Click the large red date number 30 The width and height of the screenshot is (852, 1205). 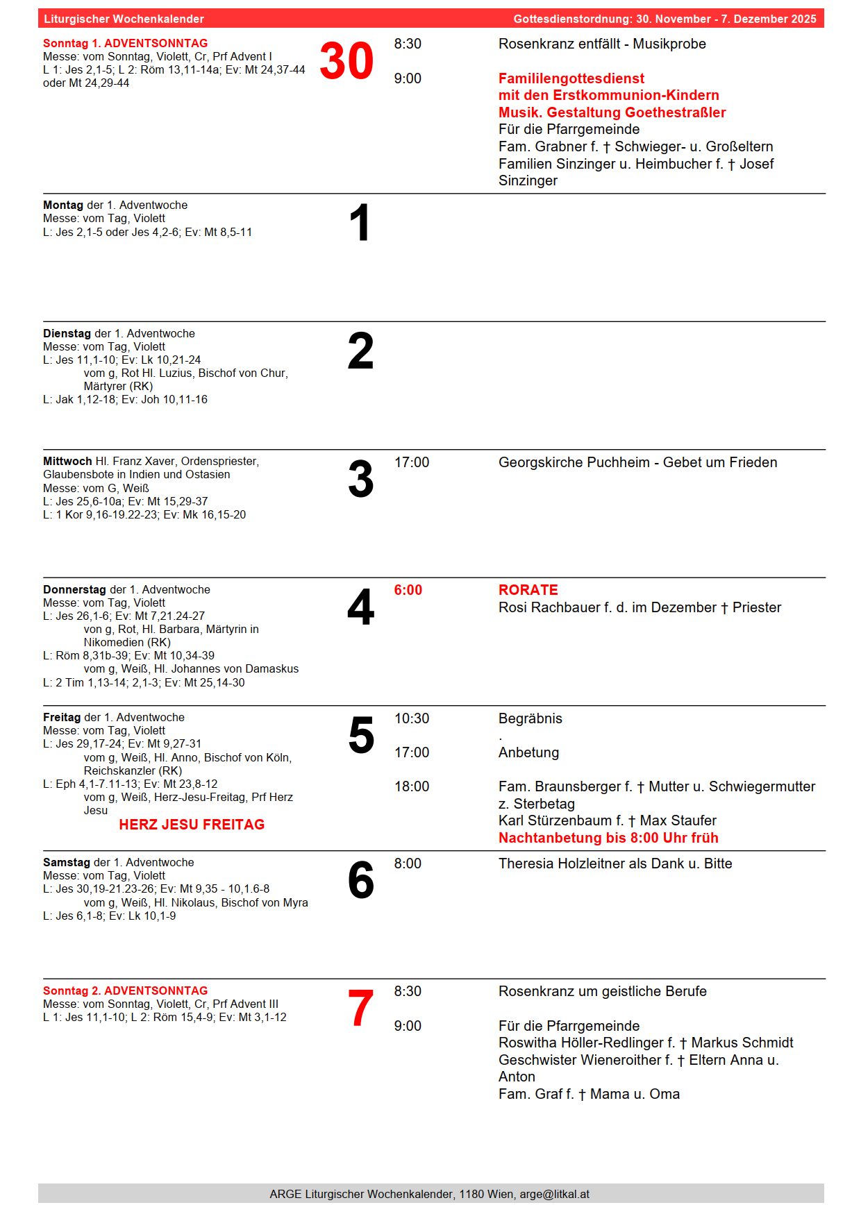click(346, 62)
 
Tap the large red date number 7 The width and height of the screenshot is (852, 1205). click(360, 1009)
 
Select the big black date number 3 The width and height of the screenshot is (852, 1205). click(360, 480)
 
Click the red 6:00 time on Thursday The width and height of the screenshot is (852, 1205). click(408, 590)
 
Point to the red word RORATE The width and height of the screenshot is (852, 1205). click(528, 590)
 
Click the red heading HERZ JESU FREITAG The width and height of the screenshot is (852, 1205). click(192, 825)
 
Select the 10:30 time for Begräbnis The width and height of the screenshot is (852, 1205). click(412, 718)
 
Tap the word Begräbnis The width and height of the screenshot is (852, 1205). click(530, 718)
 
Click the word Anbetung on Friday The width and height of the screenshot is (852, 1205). click(528, 752)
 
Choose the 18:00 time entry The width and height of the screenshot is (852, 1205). click(412, 786)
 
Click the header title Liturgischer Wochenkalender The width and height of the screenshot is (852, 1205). click(124, 19)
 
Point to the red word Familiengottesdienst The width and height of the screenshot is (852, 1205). click(571, 78)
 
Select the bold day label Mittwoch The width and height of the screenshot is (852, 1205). click(67, 462)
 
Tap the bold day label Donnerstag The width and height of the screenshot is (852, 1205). click(75, 589)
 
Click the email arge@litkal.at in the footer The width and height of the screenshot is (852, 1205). click(554, 1194)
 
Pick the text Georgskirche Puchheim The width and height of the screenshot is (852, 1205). click(574, 462)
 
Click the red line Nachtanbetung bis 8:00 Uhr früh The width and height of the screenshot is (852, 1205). click(608, 838)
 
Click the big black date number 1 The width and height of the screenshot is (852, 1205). click(359, 224)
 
